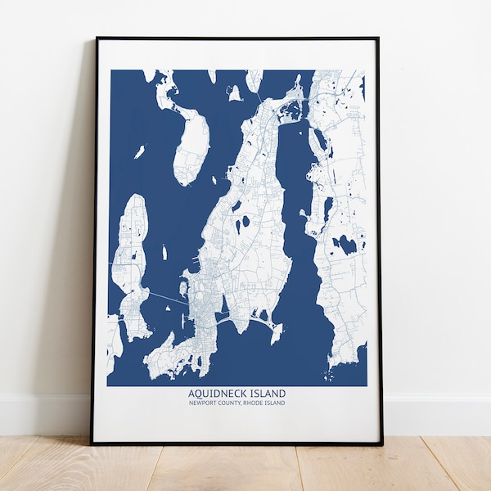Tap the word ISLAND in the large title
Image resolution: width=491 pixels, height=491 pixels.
click(x=268, y=394)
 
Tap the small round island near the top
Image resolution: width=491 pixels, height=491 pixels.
click(x=236, y=94)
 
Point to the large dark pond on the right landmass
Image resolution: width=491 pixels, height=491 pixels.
click(x=347, y=244)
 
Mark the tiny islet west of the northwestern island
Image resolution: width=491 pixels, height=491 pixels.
click(x=140, y=151)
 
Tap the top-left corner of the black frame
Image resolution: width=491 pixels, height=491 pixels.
click(x=97, y=38)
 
